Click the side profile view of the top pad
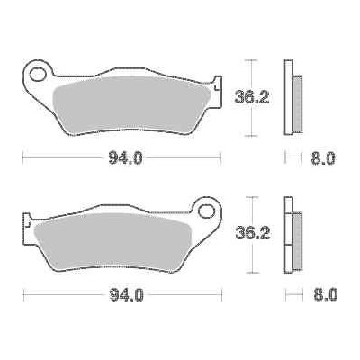(291, 97)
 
